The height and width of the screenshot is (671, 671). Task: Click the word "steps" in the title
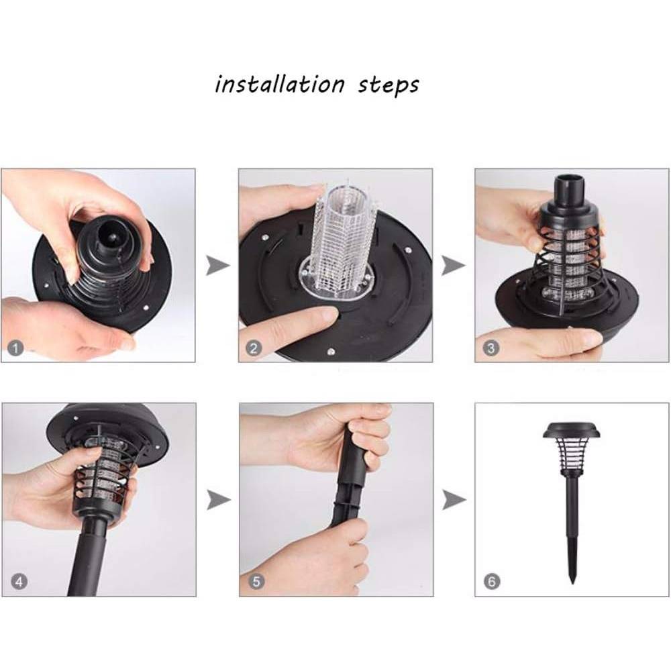[x=388, y=85]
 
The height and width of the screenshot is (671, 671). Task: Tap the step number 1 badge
[x=16, y=348]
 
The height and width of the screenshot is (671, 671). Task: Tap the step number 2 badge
[x=254, y=348]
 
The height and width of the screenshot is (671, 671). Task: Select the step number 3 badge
[x=491, y=348]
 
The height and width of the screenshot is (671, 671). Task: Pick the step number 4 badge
[x=18, y=582]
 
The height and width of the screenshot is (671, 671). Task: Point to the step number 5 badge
[x=256, y=582]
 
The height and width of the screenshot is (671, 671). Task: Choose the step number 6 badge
[x=492, y=582]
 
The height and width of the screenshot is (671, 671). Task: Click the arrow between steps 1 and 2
[x=218, y=265]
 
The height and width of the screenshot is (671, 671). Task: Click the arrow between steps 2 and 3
[x=454, y=265]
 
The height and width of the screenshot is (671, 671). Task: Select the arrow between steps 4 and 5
[x=219, y=500]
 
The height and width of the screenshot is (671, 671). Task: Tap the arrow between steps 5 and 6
[x=454, y=500]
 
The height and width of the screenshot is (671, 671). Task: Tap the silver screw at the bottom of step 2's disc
[x=330, y=352]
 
